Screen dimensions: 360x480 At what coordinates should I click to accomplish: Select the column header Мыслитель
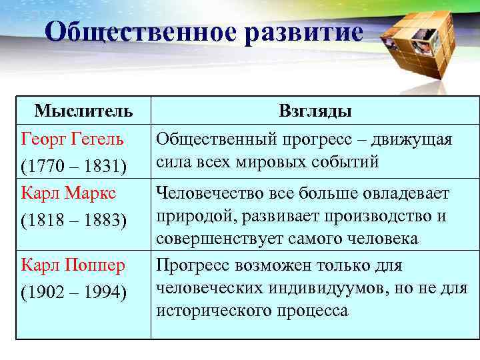click(x=83, y=111)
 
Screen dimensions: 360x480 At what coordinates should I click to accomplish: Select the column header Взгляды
click(x=315, y=111)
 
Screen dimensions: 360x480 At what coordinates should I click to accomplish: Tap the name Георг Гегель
click(x=73, y=139)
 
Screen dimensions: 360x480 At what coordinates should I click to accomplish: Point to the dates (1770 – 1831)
click(x=74, y=166)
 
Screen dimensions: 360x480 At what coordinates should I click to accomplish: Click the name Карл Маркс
click(x=69, y=193)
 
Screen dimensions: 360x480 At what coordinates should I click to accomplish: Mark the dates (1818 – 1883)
click(x=74, y=220)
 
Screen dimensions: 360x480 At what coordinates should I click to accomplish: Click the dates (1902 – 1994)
click(x=74, y=292)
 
